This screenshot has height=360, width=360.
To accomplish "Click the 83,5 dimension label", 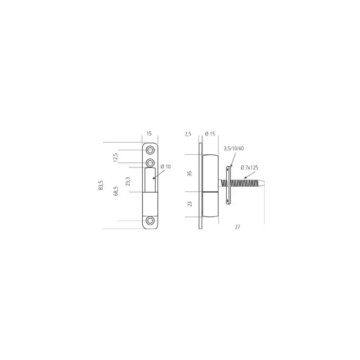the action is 101,185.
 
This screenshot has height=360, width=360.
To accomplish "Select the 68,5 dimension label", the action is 116,191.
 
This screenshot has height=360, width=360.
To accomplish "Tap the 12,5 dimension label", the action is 116,157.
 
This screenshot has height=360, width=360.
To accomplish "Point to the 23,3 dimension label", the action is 128,181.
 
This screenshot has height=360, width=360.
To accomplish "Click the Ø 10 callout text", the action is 166,166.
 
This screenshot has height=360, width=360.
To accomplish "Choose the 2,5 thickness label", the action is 188,134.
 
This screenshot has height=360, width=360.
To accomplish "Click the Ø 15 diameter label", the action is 210,134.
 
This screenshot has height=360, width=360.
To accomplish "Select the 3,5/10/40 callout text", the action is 234,148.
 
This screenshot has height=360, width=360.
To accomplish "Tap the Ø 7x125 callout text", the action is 249,167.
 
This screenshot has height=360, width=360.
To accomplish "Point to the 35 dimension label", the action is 189,173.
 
